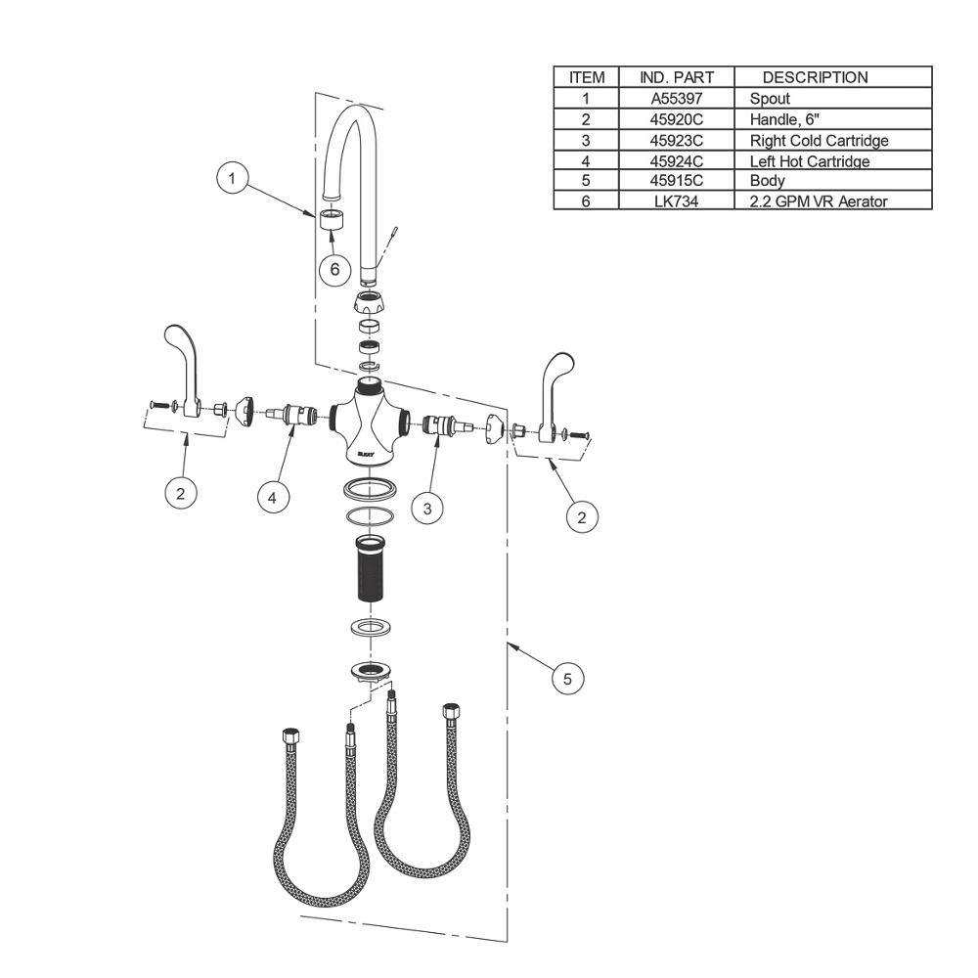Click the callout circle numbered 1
tap(232, 179)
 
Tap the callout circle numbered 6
tap(334, 269)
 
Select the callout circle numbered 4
tap(273, 498)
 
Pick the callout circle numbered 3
tap(427, 509)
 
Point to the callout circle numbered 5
tap(567, 678)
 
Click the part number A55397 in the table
tap(677, 99)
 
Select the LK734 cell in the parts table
tap(677, 201)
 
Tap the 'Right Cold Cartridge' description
tap(819, 140)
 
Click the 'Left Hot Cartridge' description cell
tap(810, 161)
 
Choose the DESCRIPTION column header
tap(816, 77)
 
